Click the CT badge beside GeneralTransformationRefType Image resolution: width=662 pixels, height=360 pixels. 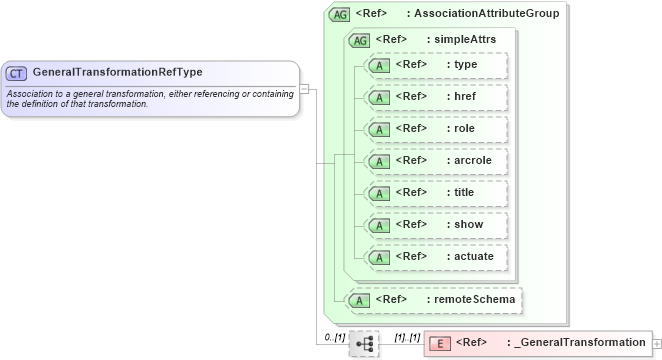click(17, 73)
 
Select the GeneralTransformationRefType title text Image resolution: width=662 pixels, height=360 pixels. click(117, 73)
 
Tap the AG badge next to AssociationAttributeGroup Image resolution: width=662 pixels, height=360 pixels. click(340, 14)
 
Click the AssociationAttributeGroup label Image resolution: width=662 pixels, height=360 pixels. click(486, 14)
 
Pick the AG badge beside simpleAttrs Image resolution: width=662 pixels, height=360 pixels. click(359, 40)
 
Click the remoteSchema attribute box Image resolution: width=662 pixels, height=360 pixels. click(433, 299)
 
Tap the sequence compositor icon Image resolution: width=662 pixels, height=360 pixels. click(364, 343)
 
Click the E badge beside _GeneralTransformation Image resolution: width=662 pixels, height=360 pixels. click(439, 343)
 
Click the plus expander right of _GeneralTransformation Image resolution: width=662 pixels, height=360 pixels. click(657, 343)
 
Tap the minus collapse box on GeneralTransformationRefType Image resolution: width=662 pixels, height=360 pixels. click(304, 88)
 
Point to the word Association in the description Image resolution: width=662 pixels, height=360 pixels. click(31, 94)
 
